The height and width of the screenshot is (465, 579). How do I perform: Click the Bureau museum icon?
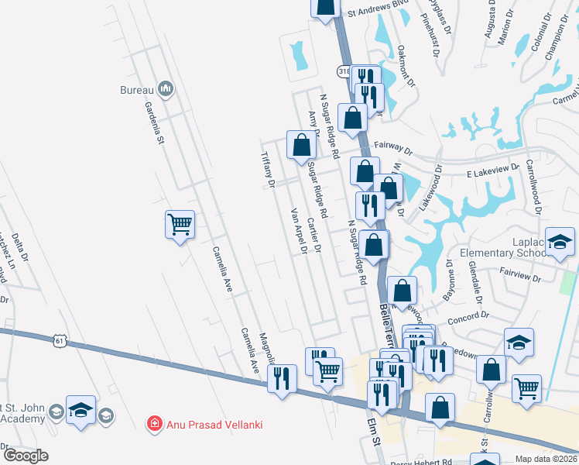(165, 90)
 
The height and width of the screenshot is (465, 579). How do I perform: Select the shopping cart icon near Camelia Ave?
(180, 225)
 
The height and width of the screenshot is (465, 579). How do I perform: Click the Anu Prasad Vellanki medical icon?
(155, 423)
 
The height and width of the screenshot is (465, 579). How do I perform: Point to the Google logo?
(26, 456)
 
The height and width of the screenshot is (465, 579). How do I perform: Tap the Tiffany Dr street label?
(269, 169)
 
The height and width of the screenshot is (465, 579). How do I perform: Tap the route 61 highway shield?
(59, 339)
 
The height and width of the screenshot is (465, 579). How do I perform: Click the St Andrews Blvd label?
(377, 12)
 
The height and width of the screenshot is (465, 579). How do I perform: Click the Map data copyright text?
(546, 459)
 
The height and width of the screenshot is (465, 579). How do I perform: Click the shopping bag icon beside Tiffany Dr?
(301, 144)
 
